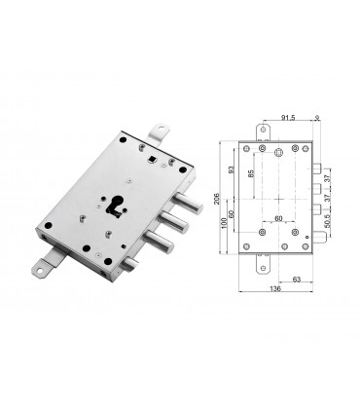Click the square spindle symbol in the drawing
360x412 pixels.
277,153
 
